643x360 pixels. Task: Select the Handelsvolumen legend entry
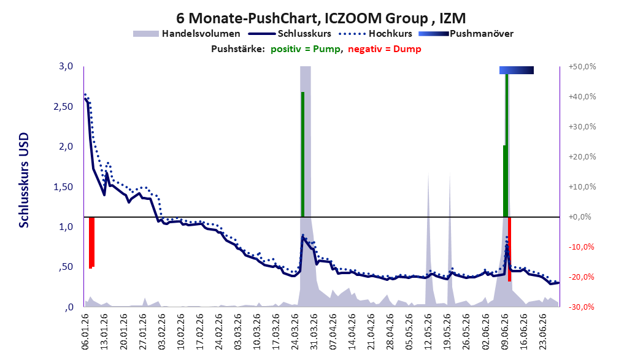tap(187, 34)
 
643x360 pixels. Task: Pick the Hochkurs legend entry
tap(375, 34)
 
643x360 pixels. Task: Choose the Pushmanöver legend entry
tap(466, 34)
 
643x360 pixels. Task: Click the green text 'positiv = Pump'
tap(306, 49)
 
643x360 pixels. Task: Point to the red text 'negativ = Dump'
tap(385, 49)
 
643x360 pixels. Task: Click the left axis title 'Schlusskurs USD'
tap(24, 180)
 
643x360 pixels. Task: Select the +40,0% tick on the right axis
tap(582, 97)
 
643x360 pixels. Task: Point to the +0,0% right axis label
tap(580, 217)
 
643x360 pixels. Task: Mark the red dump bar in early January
tap(92, 242)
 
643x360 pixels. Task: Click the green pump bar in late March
tap(302, 154)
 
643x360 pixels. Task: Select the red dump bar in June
tap(509, 249)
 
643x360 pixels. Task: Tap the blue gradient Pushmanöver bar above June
tap(516, 70)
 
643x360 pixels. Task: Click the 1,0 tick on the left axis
tap(66, 227)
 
